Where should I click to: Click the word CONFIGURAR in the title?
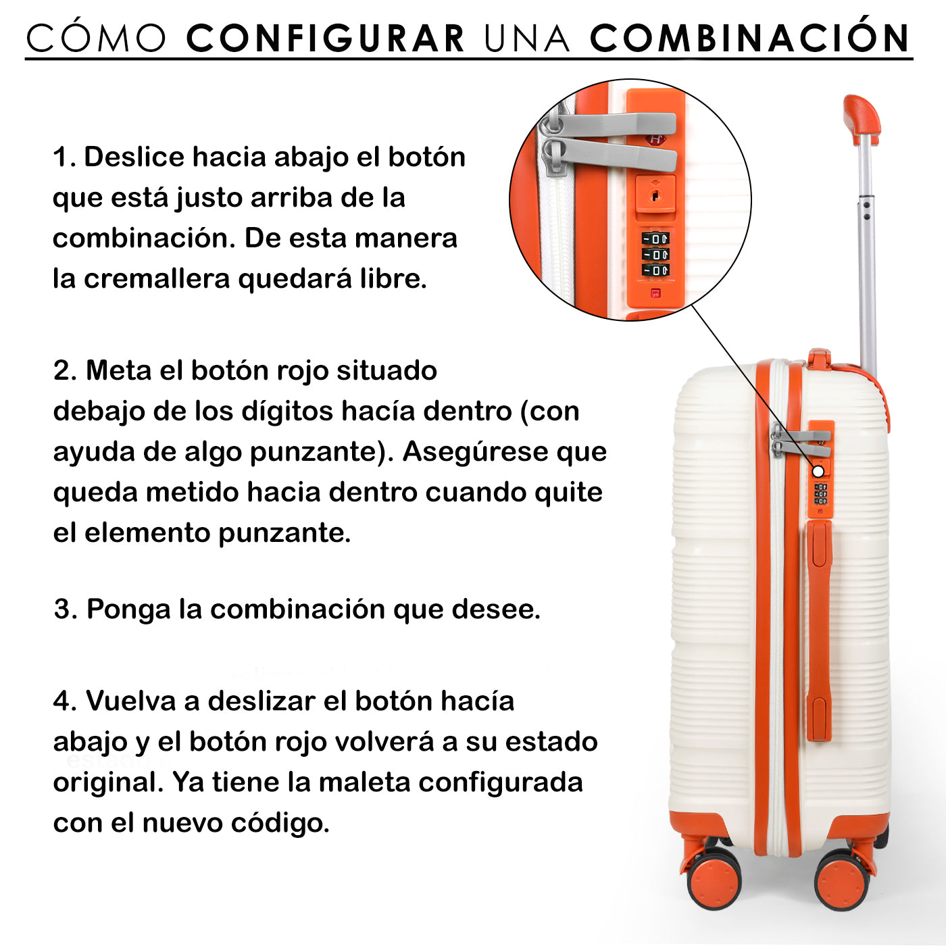[325, 38]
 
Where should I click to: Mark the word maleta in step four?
[365, 782]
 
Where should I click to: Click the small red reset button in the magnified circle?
[655, 293]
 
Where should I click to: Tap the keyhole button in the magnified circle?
[655, 195]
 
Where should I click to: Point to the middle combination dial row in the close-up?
[655, 254]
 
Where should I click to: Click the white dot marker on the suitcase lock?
[818, 472]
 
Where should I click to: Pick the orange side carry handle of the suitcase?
[819, 631]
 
